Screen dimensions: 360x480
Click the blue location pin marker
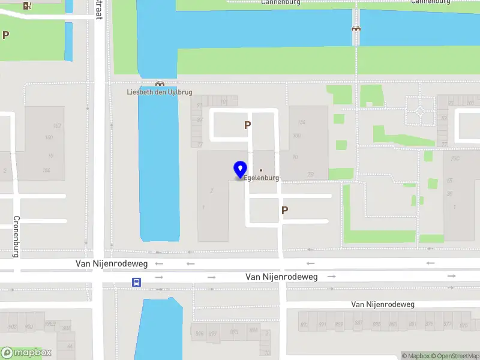click(241, 170)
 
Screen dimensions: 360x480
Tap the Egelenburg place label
click(262, 178)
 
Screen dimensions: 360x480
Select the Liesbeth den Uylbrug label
click(160, 92)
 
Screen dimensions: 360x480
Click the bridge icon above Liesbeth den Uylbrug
click(160, 84)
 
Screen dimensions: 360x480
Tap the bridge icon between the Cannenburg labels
click(356, 28)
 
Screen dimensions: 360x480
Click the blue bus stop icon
click(137, 282)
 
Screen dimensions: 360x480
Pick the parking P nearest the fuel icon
click(6, 35)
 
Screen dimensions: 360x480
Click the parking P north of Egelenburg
click(247, 125)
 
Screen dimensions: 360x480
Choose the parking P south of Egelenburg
click(285, 211)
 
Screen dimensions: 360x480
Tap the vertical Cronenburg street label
click(17, 236)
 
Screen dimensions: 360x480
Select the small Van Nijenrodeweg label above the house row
click(383, 305)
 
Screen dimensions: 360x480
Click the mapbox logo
click(26, 353)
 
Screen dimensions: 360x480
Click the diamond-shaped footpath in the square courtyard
click(419, 111)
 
